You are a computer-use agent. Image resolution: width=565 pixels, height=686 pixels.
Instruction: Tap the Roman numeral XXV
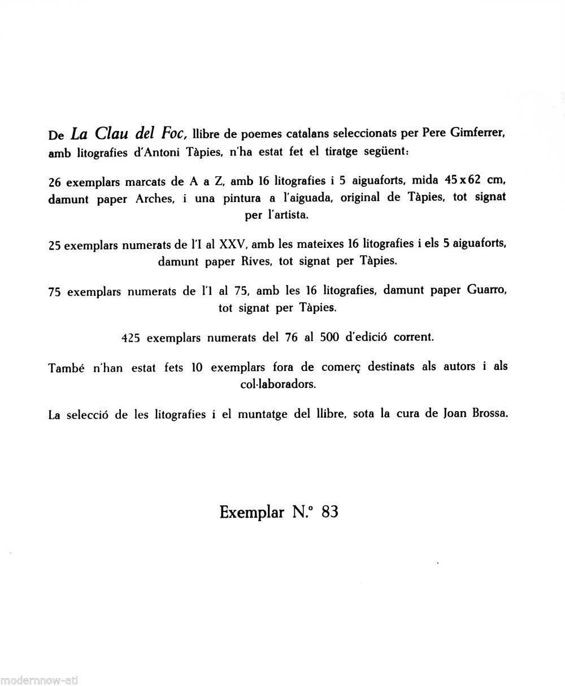231,246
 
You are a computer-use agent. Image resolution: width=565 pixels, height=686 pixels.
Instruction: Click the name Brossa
489,414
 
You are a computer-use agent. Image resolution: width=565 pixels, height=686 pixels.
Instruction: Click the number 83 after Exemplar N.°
328,512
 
